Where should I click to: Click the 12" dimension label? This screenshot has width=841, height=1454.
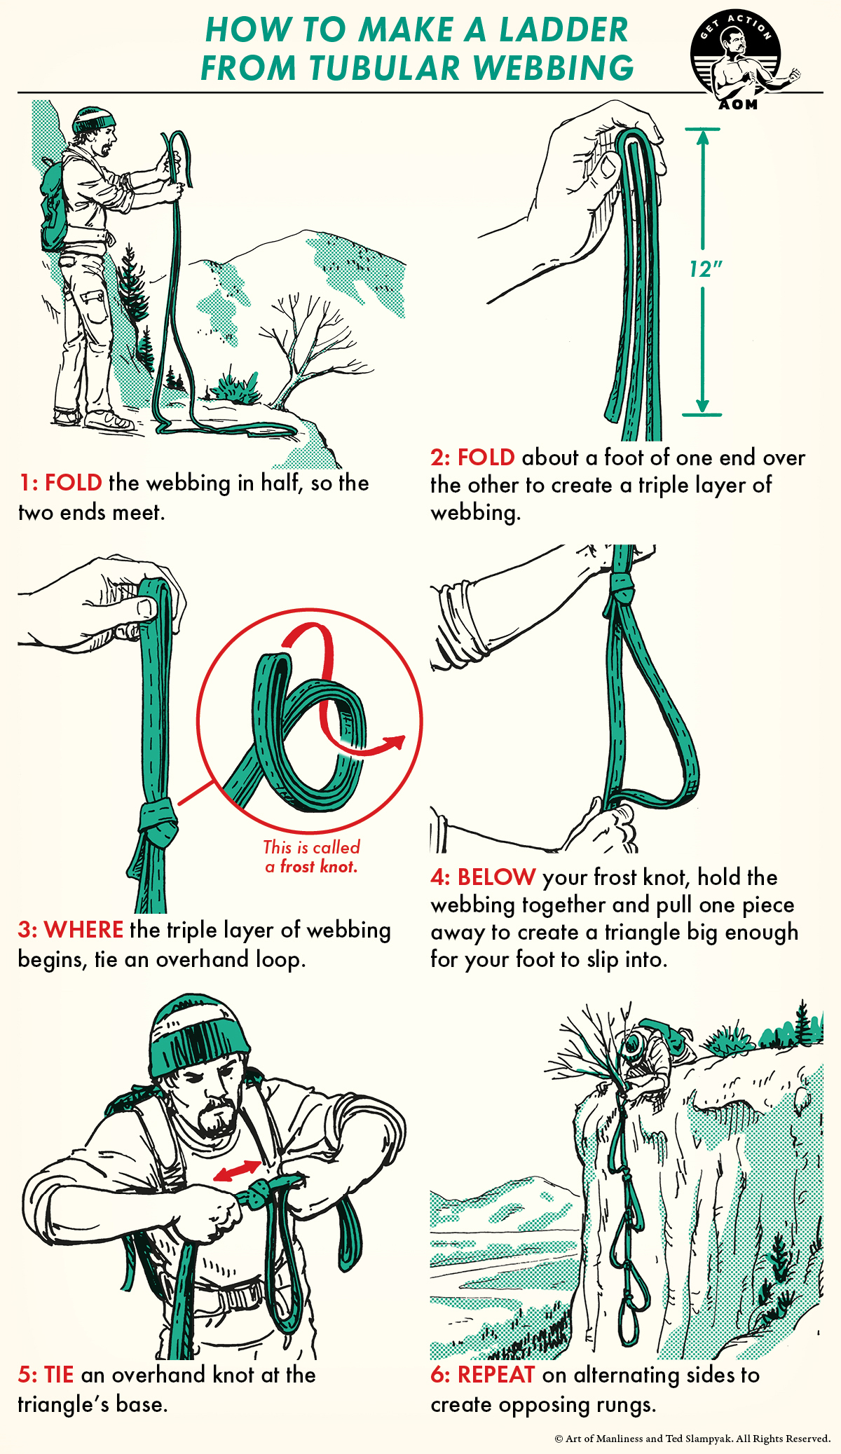coord(705,269)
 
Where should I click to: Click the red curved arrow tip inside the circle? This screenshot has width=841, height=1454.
coord(398,741)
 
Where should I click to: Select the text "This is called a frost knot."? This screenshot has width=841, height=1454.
coord(312,856)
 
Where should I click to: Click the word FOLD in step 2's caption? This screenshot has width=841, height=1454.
coord(486,458)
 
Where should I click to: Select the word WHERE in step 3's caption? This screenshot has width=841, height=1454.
coord(83,930)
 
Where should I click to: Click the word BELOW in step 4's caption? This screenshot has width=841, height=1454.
coord(496,877)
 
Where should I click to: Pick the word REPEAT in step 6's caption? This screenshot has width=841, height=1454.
coord(495,1375)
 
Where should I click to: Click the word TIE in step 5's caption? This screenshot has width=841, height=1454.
coord(59,1375)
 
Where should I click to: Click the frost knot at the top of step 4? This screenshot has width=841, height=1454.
coord(622,586)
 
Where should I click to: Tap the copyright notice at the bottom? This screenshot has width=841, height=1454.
coord(692,1439)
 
